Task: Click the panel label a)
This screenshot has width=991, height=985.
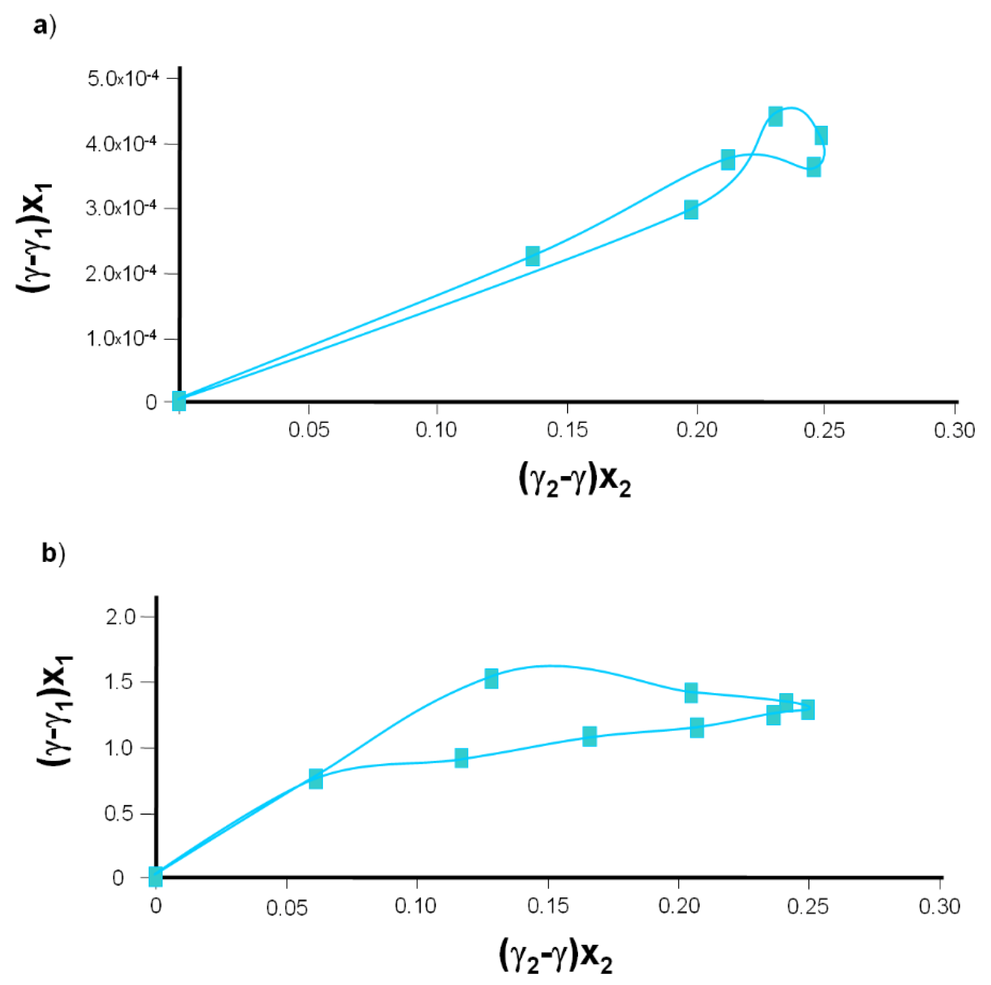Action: [44, 26]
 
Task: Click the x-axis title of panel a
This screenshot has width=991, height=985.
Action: [574, 482]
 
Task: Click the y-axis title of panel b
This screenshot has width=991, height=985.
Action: [55, 711]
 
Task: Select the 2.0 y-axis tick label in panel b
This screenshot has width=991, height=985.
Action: [121, 617]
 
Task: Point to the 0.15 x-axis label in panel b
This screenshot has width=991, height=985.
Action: [548, 906]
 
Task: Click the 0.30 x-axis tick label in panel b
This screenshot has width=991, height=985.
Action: [939, 906]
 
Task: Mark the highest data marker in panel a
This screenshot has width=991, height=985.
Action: [775, 117]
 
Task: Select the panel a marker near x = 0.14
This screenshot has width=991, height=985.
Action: [532, 256]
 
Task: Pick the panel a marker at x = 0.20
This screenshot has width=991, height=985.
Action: [691, 210]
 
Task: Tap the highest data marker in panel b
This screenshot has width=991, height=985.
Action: [491, 678]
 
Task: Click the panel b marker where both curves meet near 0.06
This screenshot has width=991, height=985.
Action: [315, 779]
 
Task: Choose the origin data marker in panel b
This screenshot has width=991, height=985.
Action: [156, 877]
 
